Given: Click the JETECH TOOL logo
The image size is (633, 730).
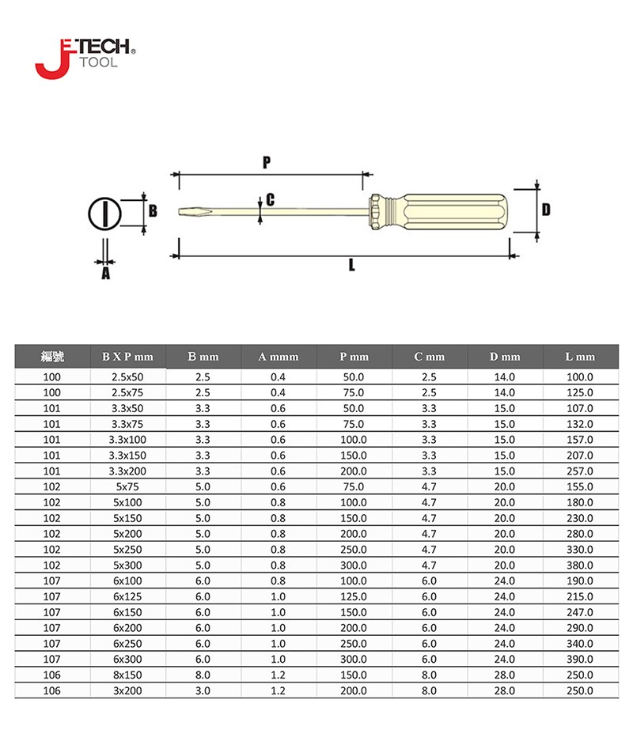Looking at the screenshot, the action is click(85, 59).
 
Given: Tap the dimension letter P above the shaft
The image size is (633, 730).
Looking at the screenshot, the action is click(267, 162).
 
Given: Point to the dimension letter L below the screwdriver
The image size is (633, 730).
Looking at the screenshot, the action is click(351, 265).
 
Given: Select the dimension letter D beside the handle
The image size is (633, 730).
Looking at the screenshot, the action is click(546, 210).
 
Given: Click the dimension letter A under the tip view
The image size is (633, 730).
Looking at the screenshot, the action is click(106, 274).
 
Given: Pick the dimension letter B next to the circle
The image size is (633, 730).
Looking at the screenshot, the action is click(153, 211).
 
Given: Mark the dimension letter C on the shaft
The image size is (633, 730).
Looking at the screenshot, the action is click(270, 200).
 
